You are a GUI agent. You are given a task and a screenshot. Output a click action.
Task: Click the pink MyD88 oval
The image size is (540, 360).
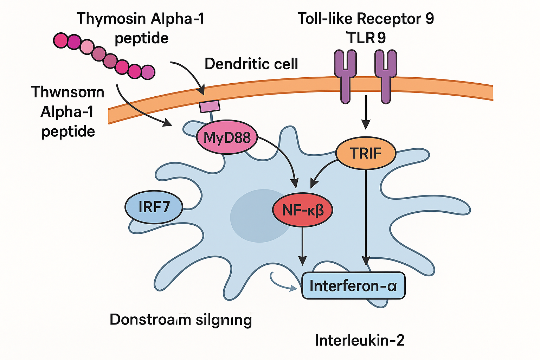tap(227, 137)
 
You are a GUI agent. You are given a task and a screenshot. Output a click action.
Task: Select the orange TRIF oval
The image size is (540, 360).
tap(366, 153)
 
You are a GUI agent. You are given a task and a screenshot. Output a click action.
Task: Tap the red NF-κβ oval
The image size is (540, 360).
tap(302, 210)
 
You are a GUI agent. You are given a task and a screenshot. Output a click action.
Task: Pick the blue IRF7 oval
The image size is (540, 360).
tap(154, 207)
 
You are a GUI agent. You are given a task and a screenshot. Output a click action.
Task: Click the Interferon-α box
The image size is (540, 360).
tap(353, 285)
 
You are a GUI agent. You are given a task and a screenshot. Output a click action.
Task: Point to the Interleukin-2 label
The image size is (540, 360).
tap(359, 340)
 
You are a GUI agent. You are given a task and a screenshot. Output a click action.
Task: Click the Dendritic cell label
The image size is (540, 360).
tap(251, 64)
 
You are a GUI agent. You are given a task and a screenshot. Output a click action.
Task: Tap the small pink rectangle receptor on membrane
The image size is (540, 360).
tap(210, 106)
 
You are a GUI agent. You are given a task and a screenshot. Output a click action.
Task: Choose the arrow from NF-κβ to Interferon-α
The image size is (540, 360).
tap(302, 246)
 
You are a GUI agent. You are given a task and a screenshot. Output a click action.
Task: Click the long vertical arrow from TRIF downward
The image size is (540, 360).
tap(366, 218)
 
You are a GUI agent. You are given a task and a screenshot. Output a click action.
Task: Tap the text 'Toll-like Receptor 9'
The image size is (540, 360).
tap(366, 19)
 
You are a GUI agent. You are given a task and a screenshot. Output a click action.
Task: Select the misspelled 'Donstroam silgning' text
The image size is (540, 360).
tap(181, 320)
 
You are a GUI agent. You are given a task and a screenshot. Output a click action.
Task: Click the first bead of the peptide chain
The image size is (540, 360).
tap(60, 40)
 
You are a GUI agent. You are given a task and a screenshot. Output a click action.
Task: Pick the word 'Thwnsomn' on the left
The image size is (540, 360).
tap(68, 92)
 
